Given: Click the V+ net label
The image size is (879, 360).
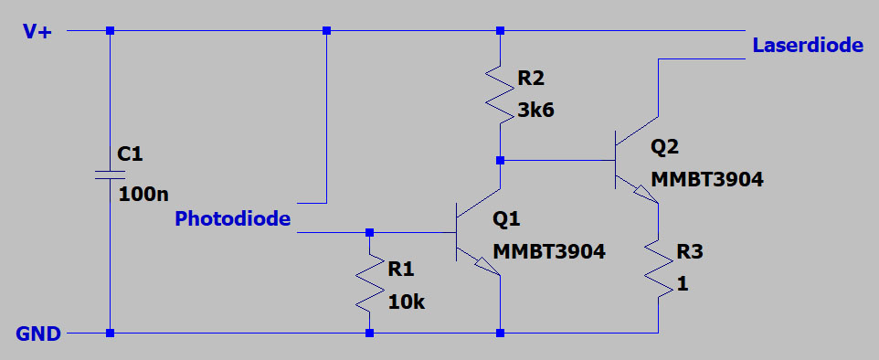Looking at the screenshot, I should (37, 31).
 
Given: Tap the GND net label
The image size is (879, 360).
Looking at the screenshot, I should (38, 334).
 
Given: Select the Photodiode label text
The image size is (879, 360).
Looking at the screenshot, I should (232, 219).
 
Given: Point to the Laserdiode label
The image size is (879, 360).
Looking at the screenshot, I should (807, 45).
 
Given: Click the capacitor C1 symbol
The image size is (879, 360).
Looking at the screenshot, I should (110, 174).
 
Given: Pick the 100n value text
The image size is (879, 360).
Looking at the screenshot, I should (144, 193).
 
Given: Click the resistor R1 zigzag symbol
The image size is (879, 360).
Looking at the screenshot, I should (369, 283).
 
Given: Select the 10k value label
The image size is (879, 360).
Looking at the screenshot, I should (406, 302).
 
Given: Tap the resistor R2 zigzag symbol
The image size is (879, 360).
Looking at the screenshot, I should (500, 94).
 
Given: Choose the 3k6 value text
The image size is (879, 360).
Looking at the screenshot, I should (536, 111).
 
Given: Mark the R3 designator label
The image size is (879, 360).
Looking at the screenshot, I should (692, 251).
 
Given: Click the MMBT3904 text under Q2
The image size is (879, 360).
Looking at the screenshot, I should (706, 179).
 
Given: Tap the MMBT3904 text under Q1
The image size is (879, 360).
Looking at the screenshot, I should (549, 251).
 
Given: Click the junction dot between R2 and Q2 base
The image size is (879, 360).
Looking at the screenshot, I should (500, 160).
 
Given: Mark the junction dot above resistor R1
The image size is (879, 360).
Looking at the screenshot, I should (369, 232).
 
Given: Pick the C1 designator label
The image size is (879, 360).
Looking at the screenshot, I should (132, 153).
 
